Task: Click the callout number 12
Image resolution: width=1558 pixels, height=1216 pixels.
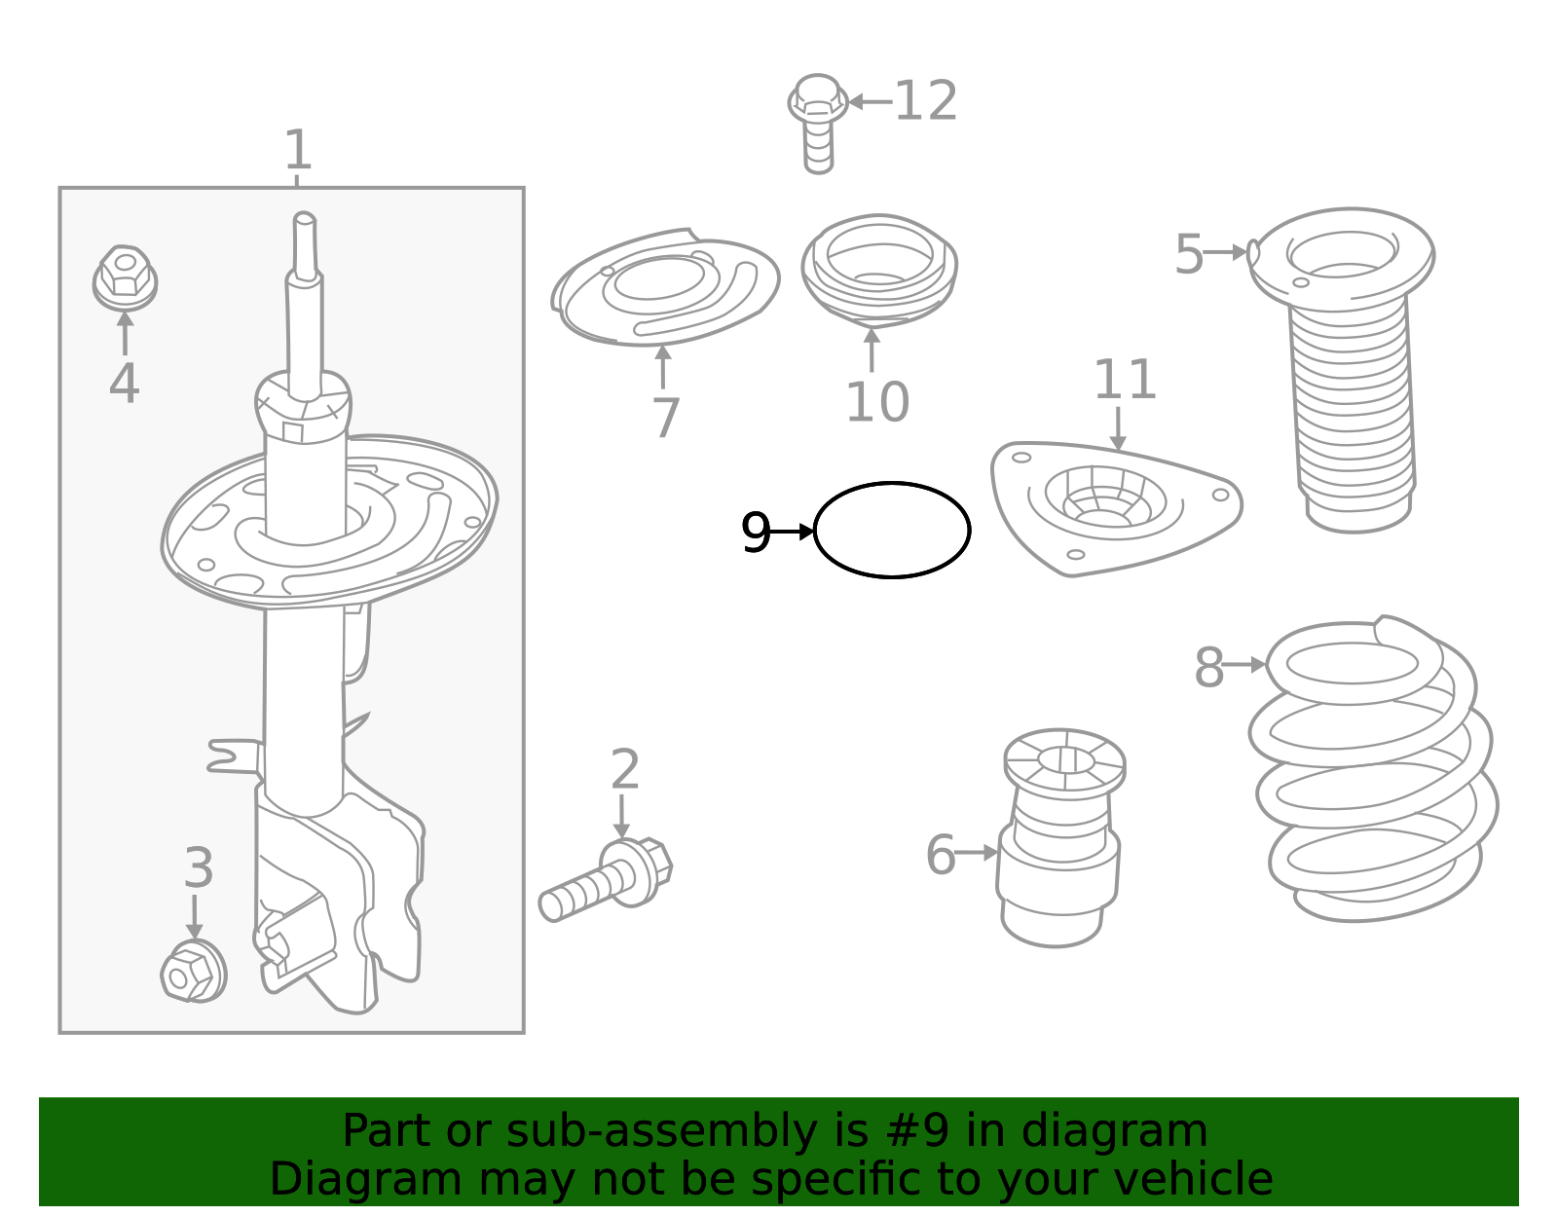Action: [x=926, y=101]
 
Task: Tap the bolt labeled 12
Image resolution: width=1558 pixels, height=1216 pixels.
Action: [x=818, y=124]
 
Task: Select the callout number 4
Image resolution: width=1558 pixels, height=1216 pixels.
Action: [x=124, y=384]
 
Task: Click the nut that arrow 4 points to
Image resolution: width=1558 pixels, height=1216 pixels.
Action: [x=125, y=278]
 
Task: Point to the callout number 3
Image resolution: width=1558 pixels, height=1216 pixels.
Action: [x=199, y=867]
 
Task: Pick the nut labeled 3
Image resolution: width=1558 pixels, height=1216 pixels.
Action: [x=194, y=971]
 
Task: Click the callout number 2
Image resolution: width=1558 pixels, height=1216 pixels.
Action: [x=625, y=769]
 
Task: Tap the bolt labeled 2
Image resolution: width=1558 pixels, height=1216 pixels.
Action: [x=606, y=879]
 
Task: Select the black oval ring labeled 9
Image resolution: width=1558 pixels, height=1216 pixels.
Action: [x=814, y=531]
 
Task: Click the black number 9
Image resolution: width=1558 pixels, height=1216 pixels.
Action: [x=755, y=533]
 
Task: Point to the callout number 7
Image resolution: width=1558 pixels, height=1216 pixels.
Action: [x=665, y=418]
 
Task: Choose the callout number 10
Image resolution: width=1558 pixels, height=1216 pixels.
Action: [x=877, y=402]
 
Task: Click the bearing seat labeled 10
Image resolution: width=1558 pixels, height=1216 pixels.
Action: [x=879, y=271]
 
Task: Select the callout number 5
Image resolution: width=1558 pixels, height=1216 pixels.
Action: [x=1189, y=254]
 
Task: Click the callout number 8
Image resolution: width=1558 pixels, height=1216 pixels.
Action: [x=1208, y=667]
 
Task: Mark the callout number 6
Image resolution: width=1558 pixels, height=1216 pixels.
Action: [x=941, y=854]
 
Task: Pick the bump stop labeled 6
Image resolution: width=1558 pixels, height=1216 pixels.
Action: [x=1060, y=838]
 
